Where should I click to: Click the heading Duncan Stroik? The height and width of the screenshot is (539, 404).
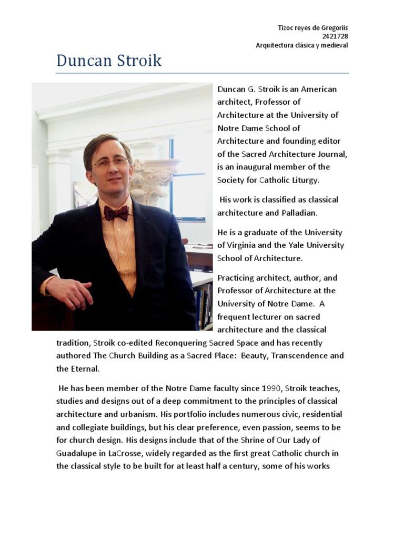click(109, 61)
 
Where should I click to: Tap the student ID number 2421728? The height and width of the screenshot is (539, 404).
click(336, 36)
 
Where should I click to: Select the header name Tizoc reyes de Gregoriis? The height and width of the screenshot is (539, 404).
click(312, 28)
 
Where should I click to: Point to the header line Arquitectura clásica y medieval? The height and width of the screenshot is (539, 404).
click(302, 45)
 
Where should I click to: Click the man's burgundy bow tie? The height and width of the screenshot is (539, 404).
click(116, 213)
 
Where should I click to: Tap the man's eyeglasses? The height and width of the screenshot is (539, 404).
click(110, 162)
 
